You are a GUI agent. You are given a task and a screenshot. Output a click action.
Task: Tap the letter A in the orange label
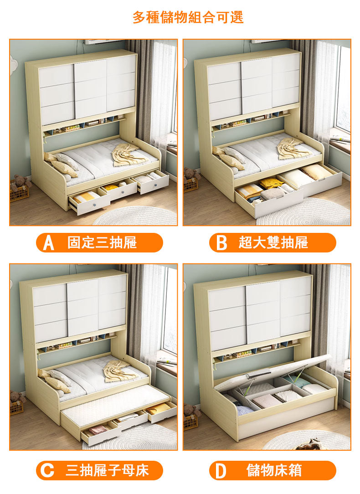click(48, 242)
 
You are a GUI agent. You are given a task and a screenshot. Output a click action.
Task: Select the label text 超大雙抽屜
click(273, 242)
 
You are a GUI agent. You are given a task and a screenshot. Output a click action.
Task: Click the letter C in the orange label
click(47, 470)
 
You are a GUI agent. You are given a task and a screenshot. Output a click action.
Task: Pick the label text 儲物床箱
click(274, 470)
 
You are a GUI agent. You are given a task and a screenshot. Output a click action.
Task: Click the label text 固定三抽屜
click(102, 242)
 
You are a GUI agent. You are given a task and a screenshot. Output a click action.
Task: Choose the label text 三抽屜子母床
click(107, 470)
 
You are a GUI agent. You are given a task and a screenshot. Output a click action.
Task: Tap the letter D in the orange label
click(221, 471)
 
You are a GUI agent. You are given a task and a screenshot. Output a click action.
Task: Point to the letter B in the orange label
click(222, 242)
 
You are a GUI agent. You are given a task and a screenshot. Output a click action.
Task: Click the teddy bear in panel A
click(20, 183)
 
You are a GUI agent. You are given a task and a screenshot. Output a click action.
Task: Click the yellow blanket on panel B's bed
click(294, 148)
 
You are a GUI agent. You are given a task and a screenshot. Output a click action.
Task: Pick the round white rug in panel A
click(135, 216)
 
